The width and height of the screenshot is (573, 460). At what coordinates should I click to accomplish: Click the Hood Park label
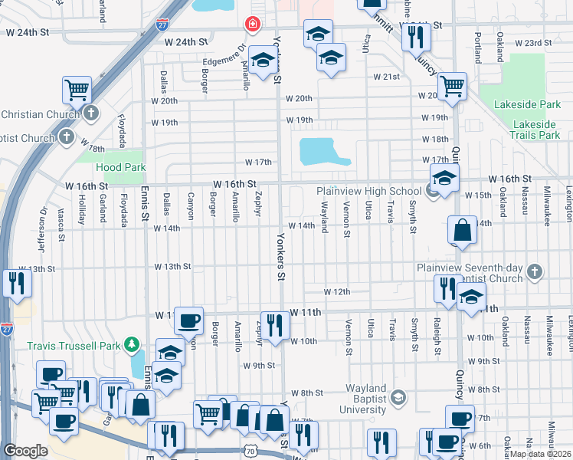pos(120,167)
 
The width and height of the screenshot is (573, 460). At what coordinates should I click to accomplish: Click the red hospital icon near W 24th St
pos(250,25)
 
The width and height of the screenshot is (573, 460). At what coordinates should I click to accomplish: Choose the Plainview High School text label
pos(368,192)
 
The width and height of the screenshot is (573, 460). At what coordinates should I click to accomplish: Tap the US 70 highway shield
pos(252,454)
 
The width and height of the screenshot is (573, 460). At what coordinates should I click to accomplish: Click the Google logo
pos(25,451)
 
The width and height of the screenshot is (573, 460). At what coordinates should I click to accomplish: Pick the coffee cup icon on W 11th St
pos(188,320)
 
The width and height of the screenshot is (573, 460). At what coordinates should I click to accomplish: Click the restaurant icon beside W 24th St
pos(415,34)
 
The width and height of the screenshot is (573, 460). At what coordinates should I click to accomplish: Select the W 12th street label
pos(336,292)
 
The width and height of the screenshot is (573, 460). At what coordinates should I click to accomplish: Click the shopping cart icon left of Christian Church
pos(77,89)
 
